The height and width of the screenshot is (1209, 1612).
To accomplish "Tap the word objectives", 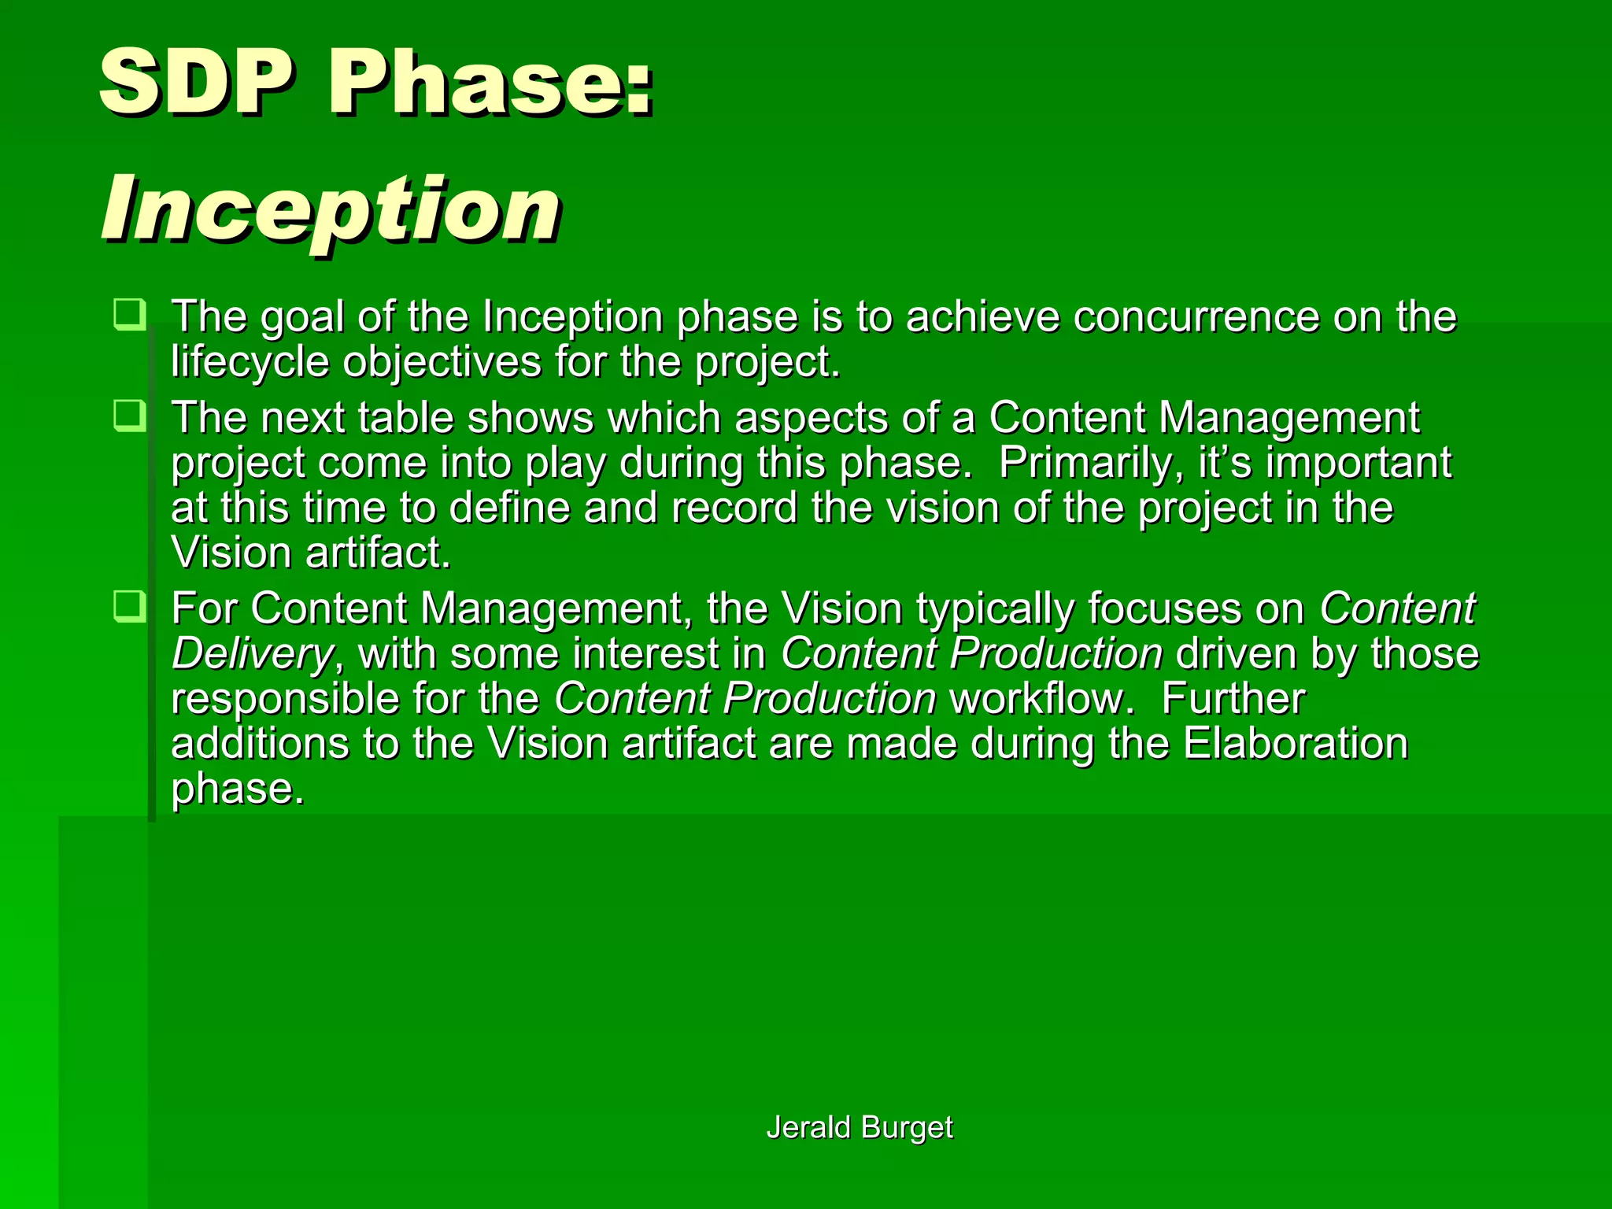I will (x=442, y=362).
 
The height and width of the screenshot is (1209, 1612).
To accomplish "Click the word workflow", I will (x=1041, y=699).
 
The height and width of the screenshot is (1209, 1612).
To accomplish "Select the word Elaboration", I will (x=1295, y=744).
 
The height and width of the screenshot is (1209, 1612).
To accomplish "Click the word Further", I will (x=1233, y=699).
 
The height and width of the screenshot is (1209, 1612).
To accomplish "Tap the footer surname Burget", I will (x=907, y=1127).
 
